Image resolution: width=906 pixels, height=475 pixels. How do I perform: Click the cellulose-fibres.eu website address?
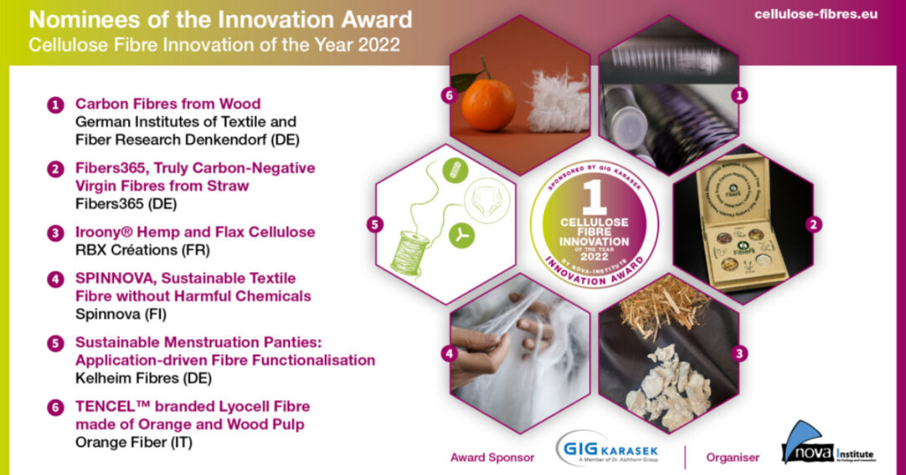tap(815, 14)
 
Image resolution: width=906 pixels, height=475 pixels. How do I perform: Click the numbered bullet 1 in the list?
tap(55, 106)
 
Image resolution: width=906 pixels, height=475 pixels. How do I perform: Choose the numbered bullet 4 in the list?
tap(55, 280)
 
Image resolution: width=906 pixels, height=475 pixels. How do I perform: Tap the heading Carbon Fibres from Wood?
tap(168, 105)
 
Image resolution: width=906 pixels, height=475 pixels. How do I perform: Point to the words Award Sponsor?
tap(491, 457)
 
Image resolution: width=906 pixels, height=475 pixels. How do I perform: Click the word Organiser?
tap(732, 457)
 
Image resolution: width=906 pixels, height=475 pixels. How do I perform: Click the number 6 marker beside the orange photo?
tap(447, 96)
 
